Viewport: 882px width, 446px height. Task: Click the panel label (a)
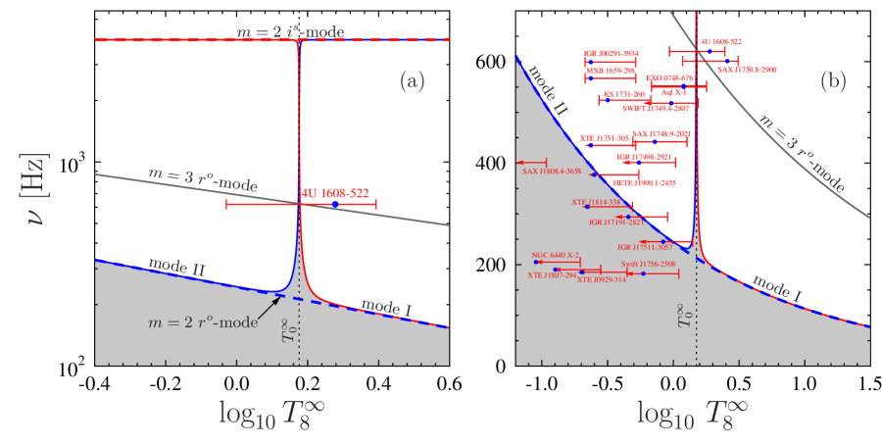click(x=412, y=82)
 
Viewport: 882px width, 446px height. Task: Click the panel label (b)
click(x=832, y=82)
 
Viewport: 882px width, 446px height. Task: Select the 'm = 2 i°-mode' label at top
click(x=290, y=32)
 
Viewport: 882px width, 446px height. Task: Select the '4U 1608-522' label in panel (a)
click(x=335, y=193)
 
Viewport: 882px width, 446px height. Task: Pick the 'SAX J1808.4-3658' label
click(x=553, y=172)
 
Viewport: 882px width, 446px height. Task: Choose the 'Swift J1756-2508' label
click(x=648, y=265)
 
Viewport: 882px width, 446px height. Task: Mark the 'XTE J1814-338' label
click(x=596, y=202)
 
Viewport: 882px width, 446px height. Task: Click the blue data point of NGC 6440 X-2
click(x=537, y=262)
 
